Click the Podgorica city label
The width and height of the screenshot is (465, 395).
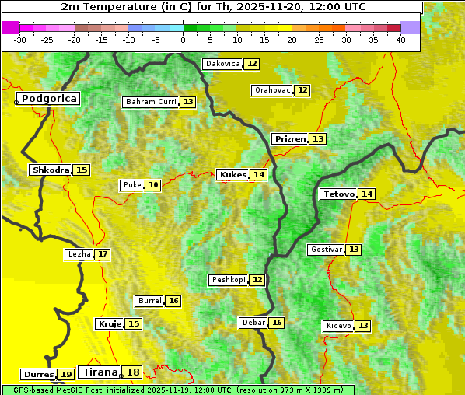(48, 99)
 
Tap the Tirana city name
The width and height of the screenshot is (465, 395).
(99, 372)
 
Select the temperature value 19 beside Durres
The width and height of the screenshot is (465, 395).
(67, 375)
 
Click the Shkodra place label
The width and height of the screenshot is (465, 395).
(51, 170)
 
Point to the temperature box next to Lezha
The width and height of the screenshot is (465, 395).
(103, 254)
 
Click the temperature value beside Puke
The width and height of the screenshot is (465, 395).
(153, 185)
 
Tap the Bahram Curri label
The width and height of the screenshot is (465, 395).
(151, 102)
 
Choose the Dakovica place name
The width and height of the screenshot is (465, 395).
(222, 64)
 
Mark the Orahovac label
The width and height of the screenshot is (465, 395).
(272, 90)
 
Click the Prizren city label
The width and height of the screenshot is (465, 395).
(290, 138)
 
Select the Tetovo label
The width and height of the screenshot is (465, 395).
(338, 194)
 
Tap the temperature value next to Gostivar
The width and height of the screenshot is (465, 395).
(354, 250)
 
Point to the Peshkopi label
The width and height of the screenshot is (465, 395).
(228, 280)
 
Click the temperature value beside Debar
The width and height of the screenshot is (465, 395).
(277, 323)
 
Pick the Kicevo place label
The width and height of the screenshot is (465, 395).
(338, 326)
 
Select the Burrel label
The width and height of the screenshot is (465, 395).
(149, 301)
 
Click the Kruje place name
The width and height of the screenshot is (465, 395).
(110, 323)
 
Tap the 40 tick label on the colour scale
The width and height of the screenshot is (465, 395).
(400, 40)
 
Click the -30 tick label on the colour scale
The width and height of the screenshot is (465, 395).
(20, 40)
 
